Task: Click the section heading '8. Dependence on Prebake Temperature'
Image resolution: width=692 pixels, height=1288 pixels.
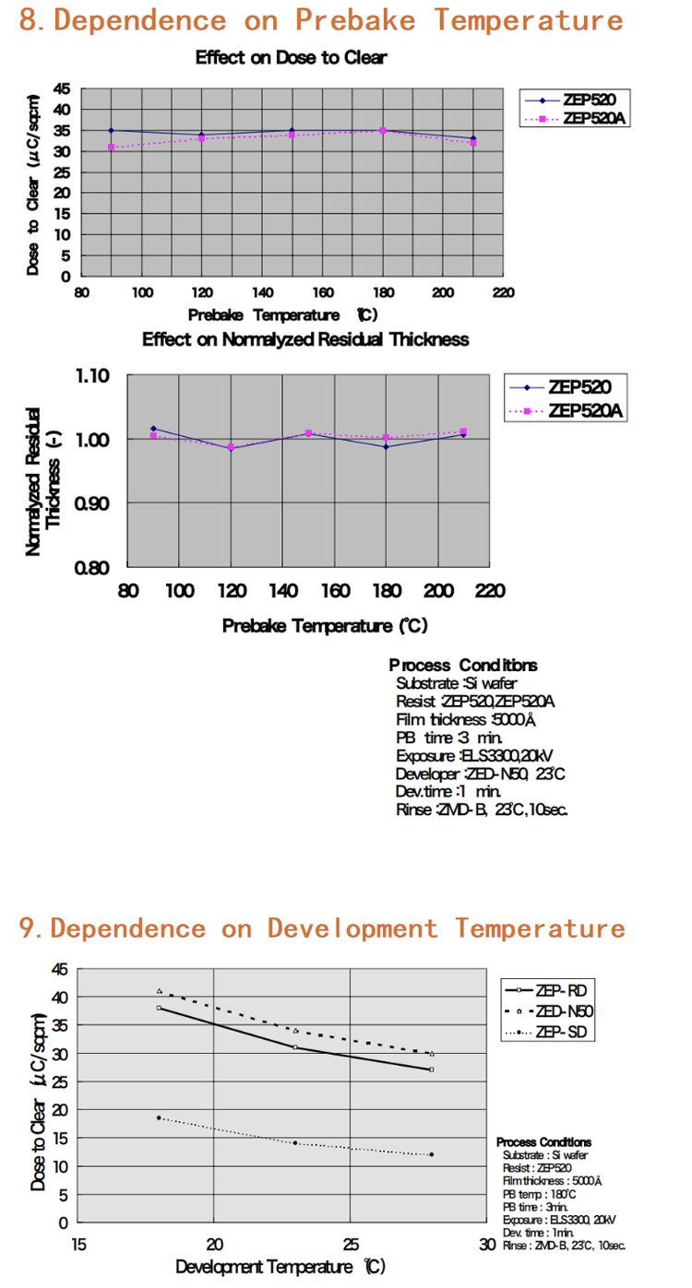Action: (x=320, y=19)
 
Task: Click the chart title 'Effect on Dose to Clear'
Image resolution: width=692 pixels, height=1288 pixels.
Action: (x=291, y=57)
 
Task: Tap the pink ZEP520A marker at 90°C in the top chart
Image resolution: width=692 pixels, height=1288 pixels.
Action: (x=111, y=148)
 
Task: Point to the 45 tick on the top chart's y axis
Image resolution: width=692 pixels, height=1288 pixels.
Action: (x=63, y=89)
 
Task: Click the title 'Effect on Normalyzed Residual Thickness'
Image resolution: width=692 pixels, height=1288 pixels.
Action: (x=305, y=339)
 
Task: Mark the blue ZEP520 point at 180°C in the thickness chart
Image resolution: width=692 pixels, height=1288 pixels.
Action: (x=386, y=447)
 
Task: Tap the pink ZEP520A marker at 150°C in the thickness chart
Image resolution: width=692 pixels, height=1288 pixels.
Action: (x=308, y=432)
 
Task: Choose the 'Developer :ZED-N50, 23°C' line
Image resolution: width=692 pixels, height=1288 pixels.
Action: (x=480, y=774)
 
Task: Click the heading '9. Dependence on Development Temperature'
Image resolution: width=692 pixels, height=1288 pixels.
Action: (x=322, y=928)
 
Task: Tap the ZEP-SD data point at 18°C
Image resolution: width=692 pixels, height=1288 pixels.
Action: (x=159, y=1117)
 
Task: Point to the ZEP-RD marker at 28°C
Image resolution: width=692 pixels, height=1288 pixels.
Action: (x=431, y=1069)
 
